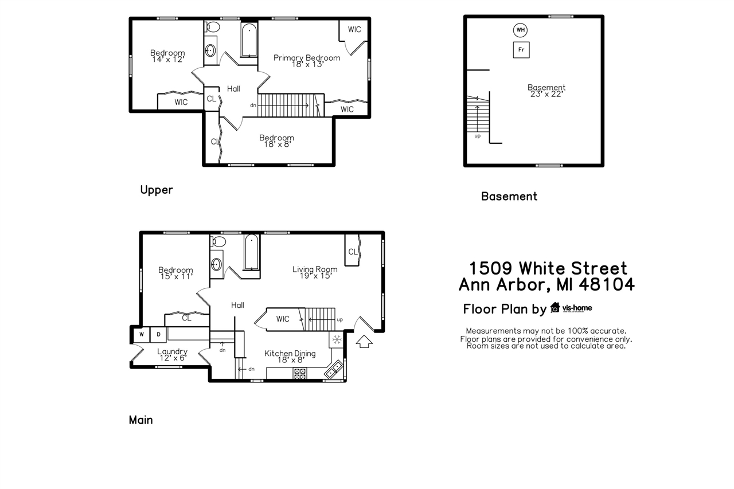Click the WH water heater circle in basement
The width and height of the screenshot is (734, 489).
tap(520, 30)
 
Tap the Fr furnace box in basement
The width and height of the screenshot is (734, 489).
tap(521, 50)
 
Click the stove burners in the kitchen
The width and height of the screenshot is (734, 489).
tap(300, 373)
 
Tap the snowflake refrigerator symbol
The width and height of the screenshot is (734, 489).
tap(337, 339)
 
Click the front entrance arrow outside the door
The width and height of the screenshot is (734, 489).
tap(364, 342)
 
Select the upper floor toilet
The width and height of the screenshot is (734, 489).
tap(212, 26)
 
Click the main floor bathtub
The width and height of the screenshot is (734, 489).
tap(252, 252)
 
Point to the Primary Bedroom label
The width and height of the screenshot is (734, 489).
tap(307, 58)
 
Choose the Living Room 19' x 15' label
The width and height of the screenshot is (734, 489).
tap(315, 272)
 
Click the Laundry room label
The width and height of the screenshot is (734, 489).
tap(173, 351)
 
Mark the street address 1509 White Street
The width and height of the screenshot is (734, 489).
tap(548, 268)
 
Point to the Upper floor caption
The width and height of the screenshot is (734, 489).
tap(157, 190)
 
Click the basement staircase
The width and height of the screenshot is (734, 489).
tap(477, 118)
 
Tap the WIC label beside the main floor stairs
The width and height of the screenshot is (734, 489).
tap(283, 319)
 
